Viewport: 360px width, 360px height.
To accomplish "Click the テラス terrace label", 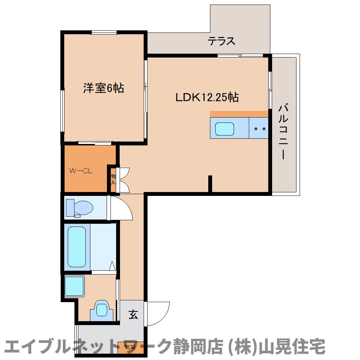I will tap(221, 41).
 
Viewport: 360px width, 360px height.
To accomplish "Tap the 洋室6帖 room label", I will tap(103, 88).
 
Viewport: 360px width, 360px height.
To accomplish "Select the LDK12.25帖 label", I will tap(207, 97).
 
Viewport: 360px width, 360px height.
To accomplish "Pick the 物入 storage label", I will tap(113, 179).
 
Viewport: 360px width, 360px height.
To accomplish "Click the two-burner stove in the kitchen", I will tap(259, 128).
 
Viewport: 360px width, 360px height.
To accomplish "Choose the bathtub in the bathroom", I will tap(77, 247).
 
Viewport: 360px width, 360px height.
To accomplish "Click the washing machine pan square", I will tap(74, 286).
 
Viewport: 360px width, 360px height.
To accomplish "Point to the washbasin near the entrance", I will tap(102, 310).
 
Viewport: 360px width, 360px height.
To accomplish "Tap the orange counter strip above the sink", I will tap(239, 114).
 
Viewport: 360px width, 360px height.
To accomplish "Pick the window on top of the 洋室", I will tap(104, 33).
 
